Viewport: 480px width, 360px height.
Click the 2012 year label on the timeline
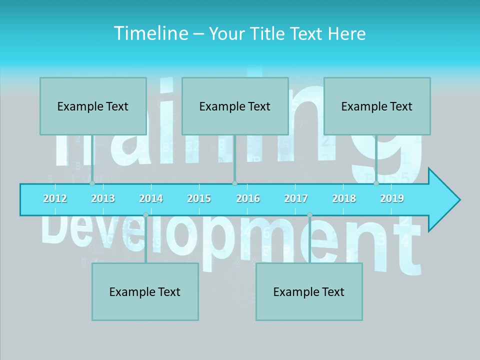pyautogui.click(x=55, y=198)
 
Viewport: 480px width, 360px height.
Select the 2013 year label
pyautogui.click(x=103, y=198)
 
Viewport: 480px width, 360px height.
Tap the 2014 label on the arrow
pyautogui.click(x=151, y=198)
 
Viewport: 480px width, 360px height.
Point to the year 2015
pyautogui.click(x=199, y=198)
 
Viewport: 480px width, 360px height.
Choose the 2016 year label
pyautogui.click(x=248, y=198)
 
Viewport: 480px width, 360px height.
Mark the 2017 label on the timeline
pyautogui.click(x=296, y=198)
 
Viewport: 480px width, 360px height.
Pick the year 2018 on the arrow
pyautogui.click(x=344, y=198)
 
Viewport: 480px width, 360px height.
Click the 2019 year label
pyautogui.click(x=392, y=198)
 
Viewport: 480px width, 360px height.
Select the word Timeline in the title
pyautogui.click(x=150, y=33)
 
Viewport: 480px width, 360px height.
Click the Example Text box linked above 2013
pyautogui.click(x=93, y=106)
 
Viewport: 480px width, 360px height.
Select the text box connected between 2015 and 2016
pyautogui.click(x=235, y=106)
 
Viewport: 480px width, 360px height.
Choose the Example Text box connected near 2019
pyautogui.click(x=377, y=106)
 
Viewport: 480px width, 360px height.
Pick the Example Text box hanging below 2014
pyautogui.click(x=145, y=291)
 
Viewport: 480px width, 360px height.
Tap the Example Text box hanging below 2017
pyautogui.click(x=309, y=291)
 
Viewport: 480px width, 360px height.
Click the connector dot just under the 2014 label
pyautogui.click(x=145, y=215)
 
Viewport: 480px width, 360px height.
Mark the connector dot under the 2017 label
pyautogui.click(x=309, y=215)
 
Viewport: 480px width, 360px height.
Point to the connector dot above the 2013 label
pyautogui.click(x=92, y=183)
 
